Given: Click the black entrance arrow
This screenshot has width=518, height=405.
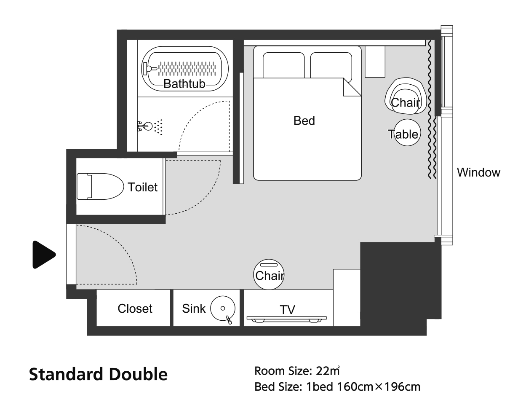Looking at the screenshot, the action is (44, 255).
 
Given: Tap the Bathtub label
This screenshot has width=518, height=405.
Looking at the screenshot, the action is (184, 84).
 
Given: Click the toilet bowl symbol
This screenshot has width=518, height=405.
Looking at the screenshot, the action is (100, 186).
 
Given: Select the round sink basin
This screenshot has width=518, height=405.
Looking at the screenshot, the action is (223, 308).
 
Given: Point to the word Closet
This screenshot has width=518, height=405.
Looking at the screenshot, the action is (135, 308).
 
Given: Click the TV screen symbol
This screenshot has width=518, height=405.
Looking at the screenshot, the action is (286, 319).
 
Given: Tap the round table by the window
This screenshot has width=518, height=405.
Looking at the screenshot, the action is (407, 133).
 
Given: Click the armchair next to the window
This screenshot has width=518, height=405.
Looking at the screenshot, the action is (405, 96).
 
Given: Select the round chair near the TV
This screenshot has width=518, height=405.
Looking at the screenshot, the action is (269, 274).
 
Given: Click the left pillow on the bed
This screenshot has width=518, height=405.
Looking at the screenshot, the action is (284, 65).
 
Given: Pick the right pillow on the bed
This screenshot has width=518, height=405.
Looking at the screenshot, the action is (331, 65).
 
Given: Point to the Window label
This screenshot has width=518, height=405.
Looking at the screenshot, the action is (478, 172).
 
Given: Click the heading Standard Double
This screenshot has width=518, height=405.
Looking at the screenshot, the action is (98, 374).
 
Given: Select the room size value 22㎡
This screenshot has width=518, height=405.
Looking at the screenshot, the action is (328, 371).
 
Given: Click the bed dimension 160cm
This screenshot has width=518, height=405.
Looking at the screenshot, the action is (355, 387).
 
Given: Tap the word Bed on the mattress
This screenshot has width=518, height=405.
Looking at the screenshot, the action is (304, 121).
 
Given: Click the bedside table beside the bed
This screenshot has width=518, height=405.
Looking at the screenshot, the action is (375, 62).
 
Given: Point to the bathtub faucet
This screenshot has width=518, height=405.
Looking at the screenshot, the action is (150, 69).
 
